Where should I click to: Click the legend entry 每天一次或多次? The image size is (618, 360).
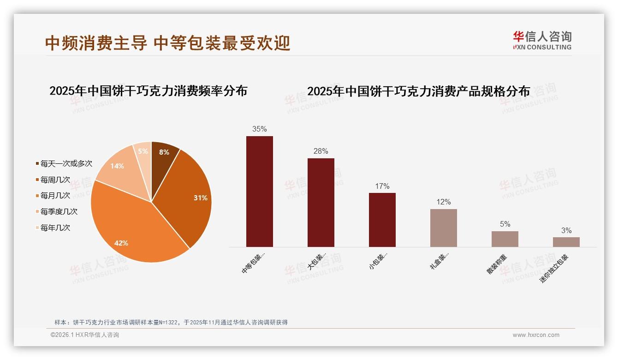click(x=66, y=163)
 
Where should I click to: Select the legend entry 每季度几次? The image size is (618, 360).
click(x=59, y=211)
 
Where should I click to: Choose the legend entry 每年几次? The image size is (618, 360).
click(x=55, y=228)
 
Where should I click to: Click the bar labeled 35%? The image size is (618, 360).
click(x=259, y=191)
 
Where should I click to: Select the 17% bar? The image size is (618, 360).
click(x=382, y=219)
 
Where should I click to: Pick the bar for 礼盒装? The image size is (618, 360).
click(x=443, y=228)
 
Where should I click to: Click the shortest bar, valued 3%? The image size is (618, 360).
click(x=566, y=242)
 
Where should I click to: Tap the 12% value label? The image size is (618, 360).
click(x=443, y=202)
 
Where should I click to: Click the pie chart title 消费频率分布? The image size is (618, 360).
click(x=148, y=91)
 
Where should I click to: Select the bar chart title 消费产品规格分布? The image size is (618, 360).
click(x=418, y=91)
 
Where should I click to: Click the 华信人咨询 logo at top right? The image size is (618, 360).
click(x=542, y=40)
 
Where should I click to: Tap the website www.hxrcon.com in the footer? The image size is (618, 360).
click(x=536, y=335)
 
